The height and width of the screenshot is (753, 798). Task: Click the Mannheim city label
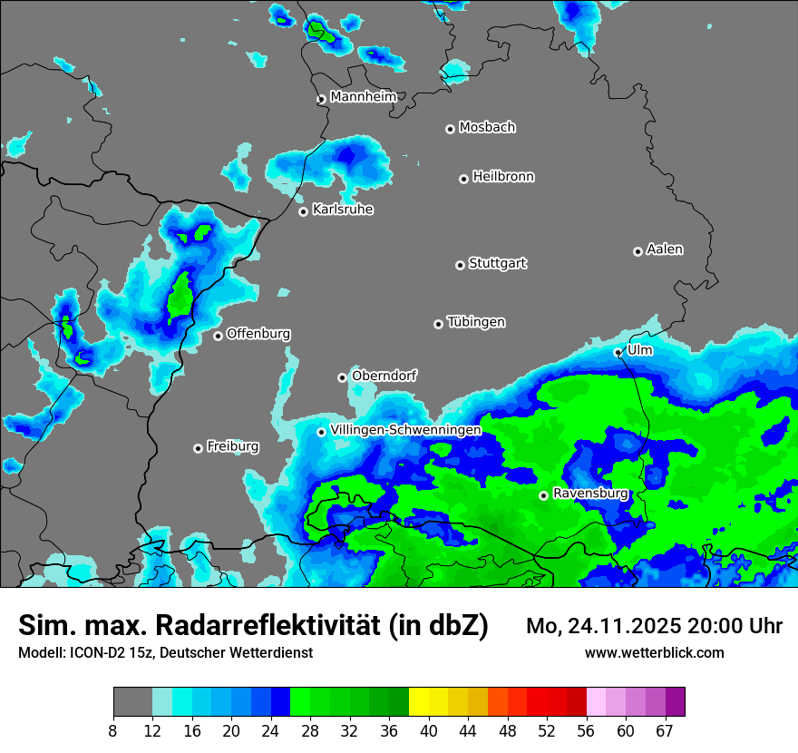click(363, 96)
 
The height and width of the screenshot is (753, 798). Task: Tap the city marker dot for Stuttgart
click(460, 265)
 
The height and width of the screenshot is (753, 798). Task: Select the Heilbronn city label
click(503, 177)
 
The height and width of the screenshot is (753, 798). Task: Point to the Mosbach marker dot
click(450, 129)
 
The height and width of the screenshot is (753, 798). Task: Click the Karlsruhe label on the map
click(343, 210)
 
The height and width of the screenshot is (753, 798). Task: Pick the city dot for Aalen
click(637, 251)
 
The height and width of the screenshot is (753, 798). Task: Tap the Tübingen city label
click(476, 322)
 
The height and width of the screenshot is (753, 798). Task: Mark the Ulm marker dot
click(618, 352)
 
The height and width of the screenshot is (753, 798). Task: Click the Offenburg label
click(258, 334)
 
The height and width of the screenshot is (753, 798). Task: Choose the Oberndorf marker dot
click(342, 377)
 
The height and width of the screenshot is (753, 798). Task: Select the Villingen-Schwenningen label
click(405, 430)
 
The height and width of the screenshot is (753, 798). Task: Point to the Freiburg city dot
click(198, 448)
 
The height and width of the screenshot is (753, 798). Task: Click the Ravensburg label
click(590, 494)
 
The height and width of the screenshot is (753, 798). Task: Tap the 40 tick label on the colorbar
click(429, 730)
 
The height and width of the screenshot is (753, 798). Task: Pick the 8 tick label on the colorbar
click(112, 730)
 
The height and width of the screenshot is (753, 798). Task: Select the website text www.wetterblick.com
click(655, 652)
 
